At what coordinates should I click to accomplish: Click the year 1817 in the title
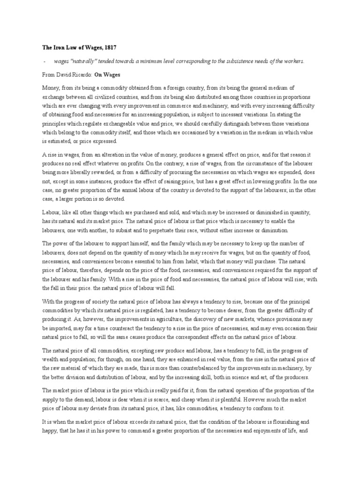pos(108,47)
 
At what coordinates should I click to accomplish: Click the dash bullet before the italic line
pos(44,61)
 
